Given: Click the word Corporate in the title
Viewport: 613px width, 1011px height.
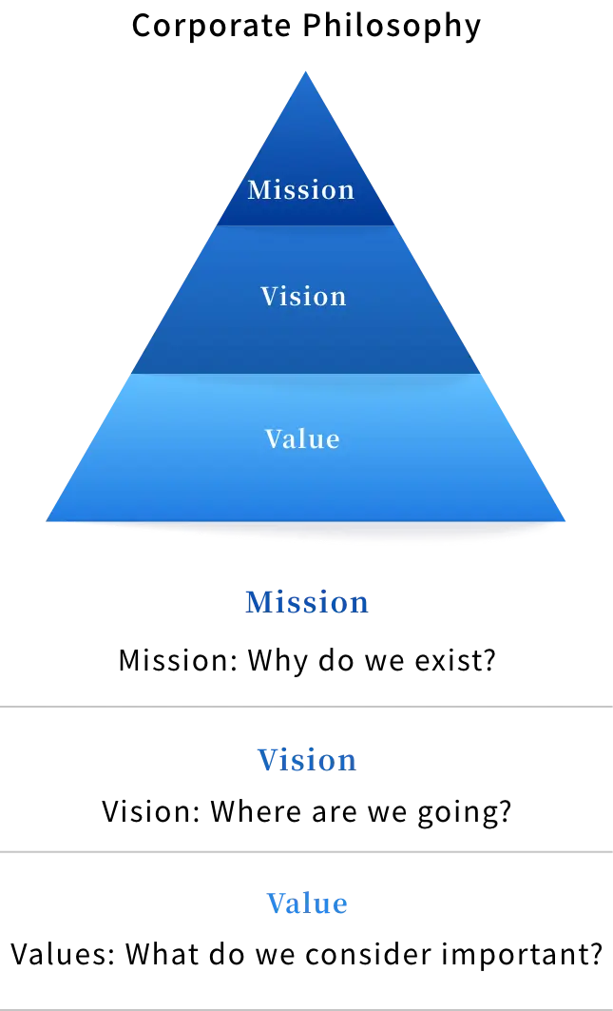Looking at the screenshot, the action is tap(210, 26).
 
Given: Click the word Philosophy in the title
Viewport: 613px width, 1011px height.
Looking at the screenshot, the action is tap(392, 27).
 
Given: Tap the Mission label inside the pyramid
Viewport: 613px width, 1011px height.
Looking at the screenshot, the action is tap(301, 189).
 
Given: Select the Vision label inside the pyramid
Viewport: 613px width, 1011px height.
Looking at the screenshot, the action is tap(303, 296).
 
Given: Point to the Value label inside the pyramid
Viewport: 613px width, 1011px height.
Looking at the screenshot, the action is tap(302, 438).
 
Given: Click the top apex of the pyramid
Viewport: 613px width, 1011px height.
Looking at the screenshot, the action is tap(305, 71).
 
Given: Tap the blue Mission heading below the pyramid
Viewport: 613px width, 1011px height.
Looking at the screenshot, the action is tap(307, 602).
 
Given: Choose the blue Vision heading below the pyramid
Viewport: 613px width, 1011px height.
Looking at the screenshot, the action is tap(307, 760).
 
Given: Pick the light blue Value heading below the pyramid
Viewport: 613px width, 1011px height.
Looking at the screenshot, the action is tap(307, 903).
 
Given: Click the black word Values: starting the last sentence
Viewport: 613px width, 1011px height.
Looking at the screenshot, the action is tap(63, 954).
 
